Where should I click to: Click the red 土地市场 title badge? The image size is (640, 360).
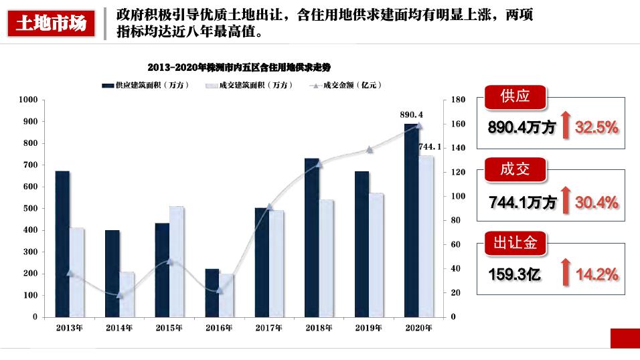[51, 24]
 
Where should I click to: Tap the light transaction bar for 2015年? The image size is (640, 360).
[176, 261]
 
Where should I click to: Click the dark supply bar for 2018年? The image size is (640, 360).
[311, 237]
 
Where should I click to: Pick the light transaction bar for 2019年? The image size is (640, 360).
[376, 254]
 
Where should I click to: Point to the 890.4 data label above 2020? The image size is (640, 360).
[411, 115]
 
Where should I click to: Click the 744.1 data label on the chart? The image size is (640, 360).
[430, 147]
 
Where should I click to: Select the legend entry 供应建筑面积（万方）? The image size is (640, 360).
[146, 85]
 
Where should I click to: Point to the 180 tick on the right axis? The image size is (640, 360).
[458, 100]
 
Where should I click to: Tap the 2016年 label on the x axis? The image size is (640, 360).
[219, 328]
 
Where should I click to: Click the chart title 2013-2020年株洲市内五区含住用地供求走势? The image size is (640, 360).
[239, 68]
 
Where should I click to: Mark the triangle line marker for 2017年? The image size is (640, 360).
[270, 207]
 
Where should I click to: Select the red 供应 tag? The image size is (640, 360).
[515, 96]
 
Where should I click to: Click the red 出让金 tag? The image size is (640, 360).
[515, 243]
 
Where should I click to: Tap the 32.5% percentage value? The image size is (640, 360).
[596, 127]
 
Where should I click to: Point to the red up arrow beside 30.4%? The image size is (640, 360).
[566, 201]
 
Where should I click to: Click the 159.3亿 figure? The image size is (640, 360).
[514, 274]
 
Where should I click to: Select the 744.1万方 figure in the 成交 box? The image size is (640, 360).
[522, 202]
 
